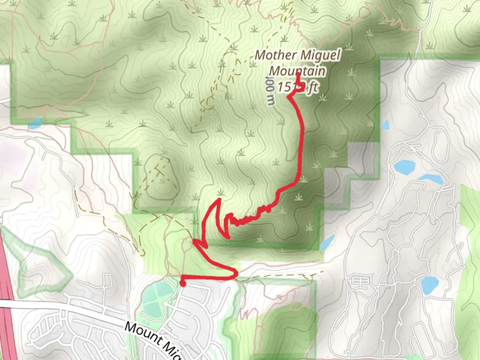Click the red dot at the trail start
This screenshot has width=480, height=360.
coord(183,283)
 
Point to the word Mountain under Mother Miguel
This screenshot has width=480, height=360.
coord(297,71)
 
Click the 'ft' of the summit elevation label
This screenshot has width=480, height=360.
coord(312,88)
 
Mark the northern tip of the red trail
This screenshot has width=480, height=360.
coord(298,73)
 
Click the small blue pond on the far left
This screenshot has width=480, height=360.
coord(36,123)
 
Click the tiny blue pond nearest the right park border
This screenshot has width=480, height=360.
coord(385,125)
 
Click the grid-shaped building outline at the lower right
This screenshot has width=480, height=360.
coord(360,281)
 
